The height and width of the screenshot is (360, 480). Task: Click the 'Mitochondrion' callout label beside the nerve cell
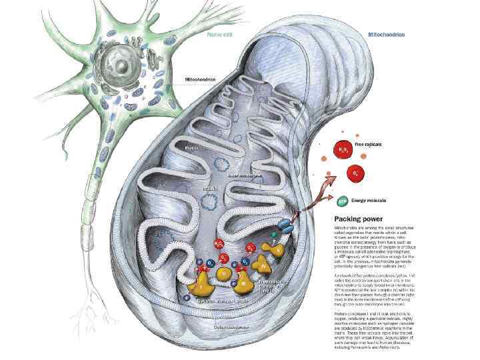tap(201, 79)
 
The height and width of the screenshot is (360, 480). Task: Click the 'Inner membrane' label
tap(245, 175)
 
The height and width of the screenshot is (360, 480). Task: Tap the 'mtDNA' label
tap(211, 189)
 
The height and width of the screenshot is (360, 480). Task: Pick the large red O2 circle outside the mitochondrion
tap(357, 173)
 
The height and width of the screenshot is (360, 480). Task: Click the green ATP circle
tap(343, 199)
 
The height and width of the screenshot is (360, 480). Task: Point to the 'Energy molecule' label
tap(369, 199)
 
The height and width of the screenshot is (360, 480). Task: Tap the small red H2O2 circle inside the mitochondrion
tap(219, 245)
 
